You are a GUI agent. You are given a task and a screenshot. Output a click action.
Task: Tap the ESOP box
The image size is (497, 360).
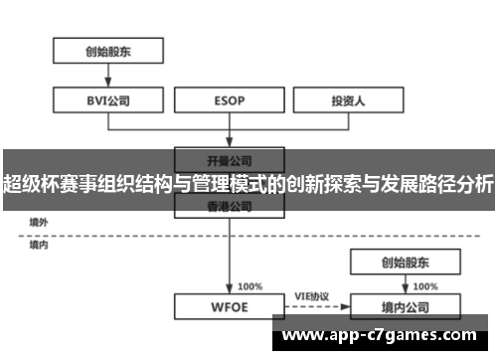pos(230,99)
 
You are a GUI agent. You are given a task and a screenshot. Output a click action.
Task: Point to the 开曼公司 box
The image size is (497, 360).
pos(230,158)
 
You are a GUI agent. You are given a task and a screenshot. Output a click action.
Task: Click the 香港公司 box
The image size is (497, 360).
pos(230,207)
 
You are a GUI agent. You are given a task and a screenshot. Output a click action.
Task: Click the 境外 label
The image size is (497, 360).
pos(39,222)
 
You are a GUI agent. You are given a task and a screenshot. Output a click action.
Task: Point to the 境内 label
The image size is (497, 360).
pos(39,244)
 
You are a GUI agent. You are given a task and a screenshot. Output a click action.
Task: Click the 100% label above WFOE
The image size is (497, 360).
pos(250,285)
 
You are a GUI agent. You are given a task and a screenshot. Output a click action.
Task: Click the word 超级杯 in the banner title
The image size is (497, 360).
pos(29,184)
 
